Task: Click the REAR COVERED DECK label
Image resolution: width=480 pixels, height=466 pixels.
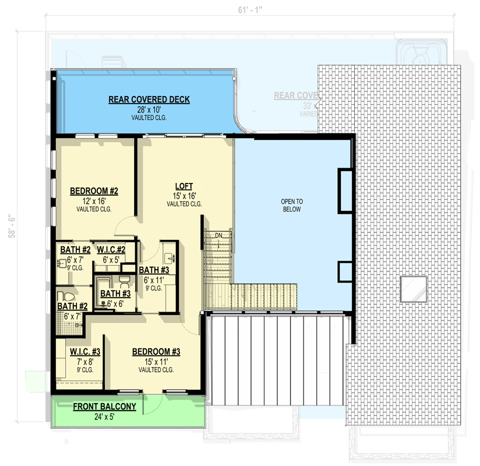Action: click(x=149, y=100)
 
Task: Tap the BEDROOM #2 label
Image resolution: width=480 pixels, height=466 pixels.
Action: click(x=94, y=191)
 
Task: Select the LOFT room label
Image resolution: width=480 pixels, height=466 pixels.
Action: click(x=184, y=186)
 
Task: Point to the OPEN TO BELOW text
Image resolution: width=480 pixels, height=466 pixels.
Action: click(x=292, y=205)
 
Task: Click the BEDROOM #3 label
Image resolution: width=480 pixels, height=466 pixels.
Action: click(x=156, y=352)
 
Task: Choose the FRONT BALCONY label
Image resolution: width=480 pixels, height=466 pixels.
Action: click(x=104, y=407)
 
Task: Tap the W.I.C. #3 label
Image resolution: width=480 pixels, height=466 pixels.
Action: click(x=85, y=352)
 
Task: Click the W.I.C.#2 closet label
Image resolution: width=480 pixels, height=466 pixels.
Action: click(x=115, y=250)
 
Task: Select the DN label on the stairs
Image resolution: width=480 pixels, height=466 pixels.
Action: click(x=218, y=235)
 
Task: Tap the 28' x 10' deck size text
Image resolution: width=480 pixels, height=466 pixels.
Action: click(x=149, y=110)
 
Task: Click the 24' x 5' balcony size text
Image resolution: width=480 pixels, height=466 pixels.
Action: click(x=104, y=416)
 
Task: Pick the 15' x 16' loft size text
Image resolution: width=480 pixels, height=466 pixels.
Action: click(x=184, y=196)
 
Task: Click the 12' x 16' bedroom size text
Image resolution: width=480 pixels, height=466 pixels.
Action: click(x=94, y=200)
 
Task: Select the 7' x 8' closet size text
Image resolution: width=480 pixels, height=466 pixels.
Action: click(x=85, y=361)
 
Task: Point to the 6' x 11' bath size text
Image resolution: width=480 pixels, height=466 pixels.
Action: click(x=153, y=280)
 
